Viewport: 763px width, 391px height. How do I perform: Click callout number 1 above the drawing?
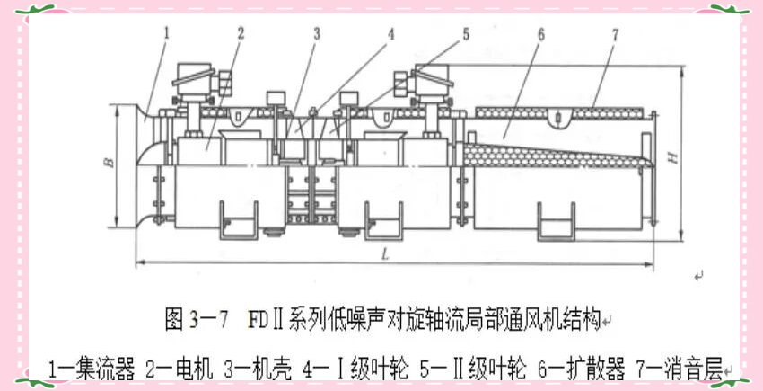167,33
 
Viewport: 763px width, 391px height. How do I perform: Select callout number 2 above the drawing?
241,33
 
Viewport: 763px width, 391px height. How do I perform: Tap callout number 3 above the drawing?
316,34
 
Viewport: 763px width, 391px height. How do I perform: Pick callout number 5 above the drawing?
466,34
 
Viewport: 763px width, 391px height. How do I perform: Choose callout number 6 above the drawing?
540,34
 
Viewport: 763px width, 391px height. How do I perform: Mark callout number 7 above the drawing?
615,34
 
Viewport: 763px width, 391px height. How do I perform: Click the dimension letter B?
107,163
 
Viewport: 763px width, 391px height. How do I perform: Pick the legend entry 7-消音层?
681,368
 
